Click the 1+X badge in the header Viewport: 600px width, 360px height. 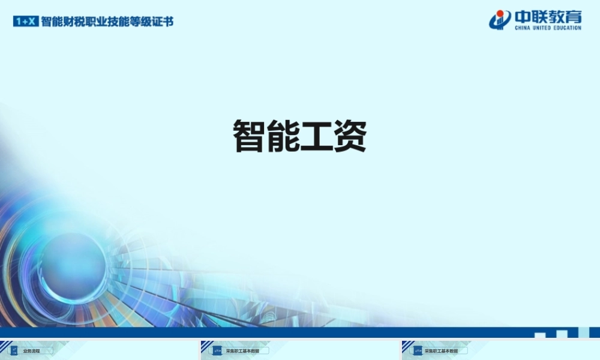(26, 22)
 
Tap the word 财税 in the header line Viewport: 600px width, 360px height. (74, 22)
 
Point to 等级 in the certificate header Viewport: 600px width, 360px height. (147, 22)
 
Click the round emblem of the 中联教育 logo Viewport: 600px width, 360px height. (500, 19)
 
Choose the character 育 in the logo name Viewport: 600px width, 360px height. (573, 16)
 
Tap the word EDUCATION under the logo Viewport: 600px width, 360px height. (568, 28)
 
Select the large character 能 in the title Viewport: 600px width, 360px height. (283, 136)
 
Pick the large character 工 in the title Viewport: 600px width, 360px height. (317, 136)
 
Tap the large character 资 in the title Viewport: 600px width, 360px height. (350, 136)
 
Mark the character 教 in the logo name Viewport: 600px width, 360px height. (556, 16)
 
